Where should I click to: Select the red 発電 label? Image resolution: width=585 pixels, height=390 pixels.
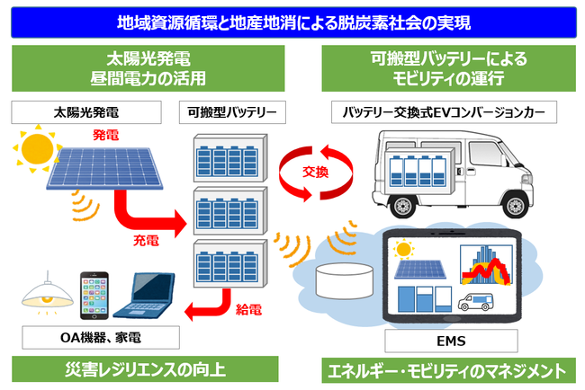tap(105, 134)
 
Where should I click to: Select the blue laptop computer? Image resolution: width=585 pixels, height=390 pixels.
tap(148, 297)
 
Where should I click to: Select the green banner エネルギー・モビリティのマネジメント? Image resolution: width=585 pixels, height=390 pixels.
tap(445, 368)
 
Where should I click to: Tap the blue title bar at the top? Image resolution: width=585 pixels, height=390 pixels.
tap(292, 19)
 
